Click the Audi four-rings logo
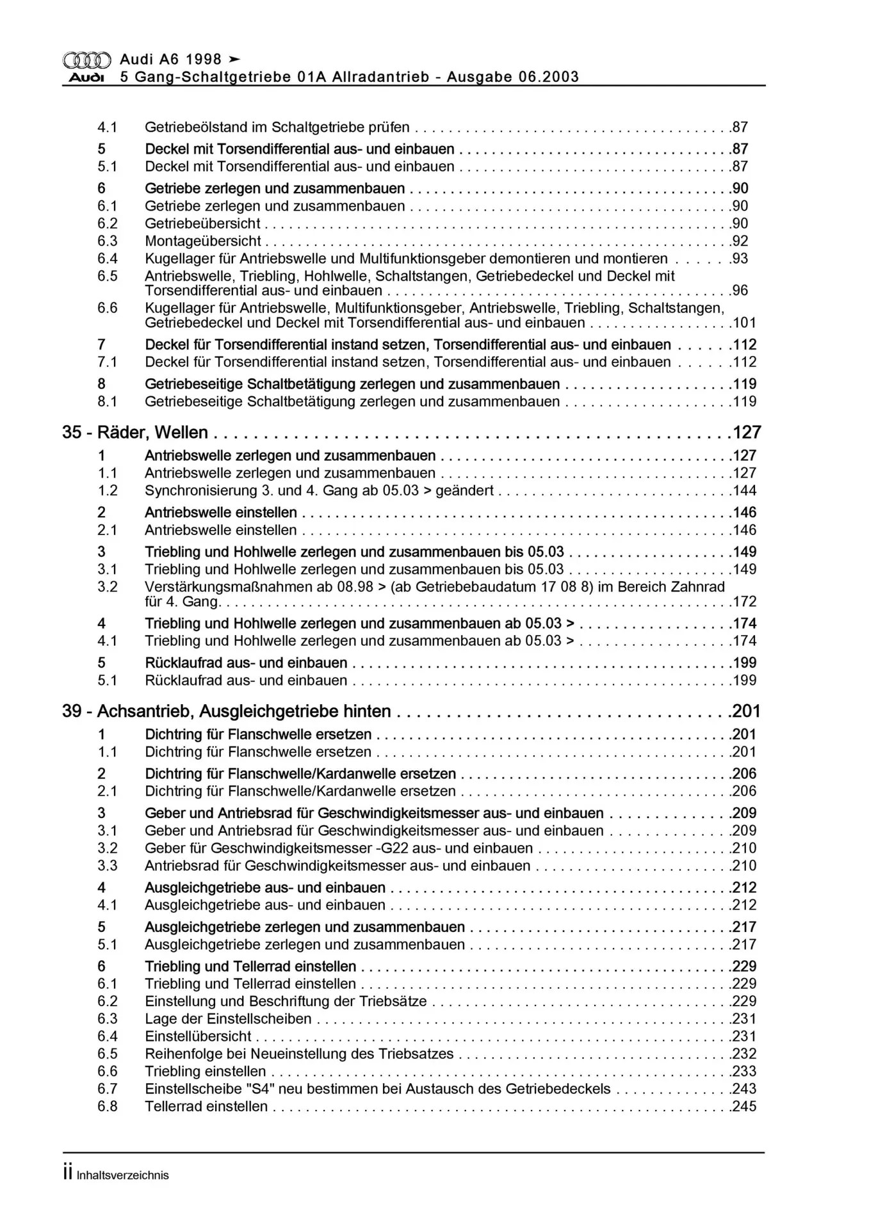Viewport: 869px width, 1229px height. (x=86, y=60)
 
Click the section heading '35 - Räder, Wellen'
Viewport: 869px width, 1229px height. (x=135, y=433)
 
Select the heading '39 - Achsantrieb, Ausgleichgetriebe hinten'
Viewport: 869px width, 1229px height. (x=227, y=711)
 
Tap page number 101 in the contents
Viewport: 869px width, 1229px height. (x=744, y=323)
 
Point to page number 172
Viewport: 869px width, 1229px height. (x=744, y=602)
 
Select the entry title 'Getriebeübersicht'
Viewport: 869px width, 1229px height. (x=202, y=223)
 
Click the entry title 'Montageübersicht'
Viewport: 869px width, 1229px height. (x=202, y=241)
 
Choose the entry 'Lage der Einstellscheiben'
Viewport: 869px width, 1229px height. (x=228, y=1018)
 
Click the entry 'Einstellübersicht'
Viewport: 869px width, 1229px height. (x=199, y=1036)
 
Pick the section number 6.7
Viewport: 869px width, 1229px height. (x=108, y=1089)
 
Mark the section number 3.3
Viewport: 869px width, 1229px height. (x=108, y=866)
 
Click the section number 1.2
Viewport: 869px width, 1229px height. (x=108, y=491)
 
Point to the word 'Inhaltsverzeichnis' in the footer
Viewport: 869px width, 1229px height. (x=122, y=1175)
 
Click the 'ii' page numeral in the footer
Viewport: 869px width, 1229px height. (x=67, y=1173)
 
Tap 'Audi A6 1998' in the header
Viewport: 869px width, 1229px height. (x=170, y=60)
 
